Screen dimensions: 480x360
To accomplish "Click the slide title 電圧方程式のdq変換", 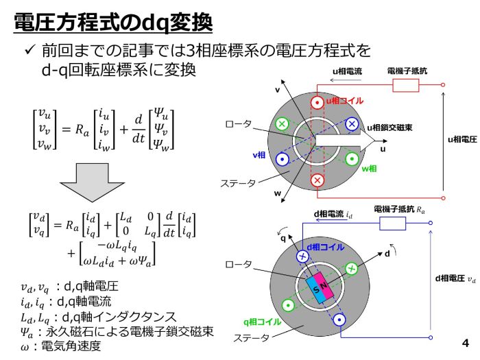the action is [x=113, y=23].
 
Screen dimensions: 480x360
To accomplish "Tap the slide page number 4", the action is [x=466, y=343].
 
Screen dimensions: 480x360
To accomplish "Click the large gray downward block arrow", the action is [x=92, y=182].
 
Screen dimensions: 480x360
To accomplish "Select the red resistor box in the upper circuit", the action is [x=406, y=85].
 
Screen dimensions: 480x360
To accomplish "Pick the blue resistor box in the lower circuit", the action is [x=392, y=223].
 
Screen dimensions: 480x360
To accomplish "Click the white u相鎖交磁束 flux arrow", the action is [x=345, y=141].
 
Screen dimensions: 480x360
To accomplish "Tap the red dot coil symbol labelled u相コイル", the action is [x=317, y=103].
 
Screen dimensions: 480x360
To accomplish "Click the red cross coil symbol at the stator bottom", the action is [x=317, y=180].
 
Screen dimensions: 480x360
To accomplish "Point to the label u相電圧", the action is [x=462, y=140].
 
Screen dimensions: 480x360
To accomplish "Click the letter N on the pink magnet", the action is [x=324, y=286].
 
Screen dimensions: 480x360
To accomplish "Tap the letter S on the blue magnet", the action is [x=316, y=289].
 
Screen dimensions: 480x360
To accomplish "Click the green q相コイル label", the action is [x=263, y=322].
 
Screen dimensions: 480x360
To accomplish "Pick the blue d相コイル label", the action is [x=326, y=247].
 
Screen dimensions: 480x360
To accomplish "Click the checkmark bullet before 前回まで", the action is [x=30, y=49].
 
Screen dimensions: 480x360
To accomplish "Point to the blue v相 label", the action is [x=259, y=155].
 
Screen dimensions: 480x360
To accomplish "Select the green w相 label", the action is [x=369, y=169].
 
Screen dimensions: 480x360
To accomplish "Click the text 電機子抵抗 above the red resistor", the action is [x=407, y=71].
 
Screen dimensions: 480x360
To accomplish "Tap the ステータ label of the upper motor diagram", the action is [x=238, y=183].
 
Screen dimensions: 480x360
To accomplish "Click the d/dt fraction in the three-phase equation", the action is [x=139, y=129].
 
